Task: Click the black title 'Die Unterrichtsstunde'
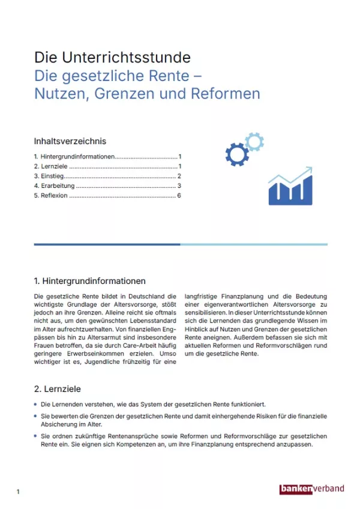(x=112, y=58)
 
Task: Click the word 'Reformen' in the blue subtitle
(x=228, y=94)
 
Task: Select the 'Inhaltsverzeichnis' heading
(x=70, y=141)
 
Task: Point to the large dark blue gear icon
(x=237, y=154)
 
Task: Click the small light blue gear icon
(x=254, y=142)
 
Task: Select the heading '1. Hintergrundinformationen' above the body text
(x=90, y=280)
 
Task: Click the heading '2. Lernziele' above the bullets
(x=57, y=389)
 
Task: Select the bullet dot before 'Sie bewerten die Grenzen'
(x=36, y=415)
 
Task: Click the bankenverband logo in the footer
(x=312, y=489)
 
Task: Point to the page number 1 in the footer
(x=18, y=492)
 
